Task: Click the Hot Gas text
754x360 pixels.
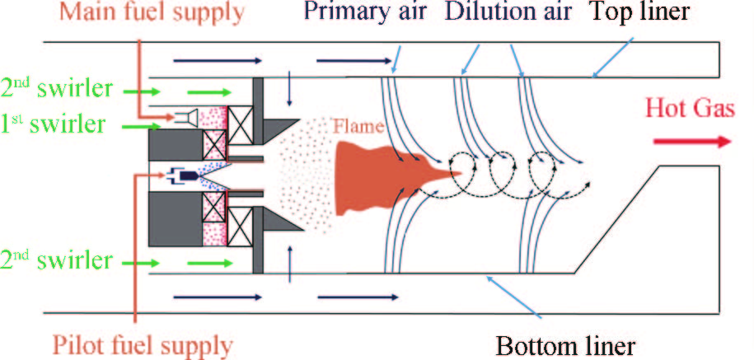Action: click(688, 108)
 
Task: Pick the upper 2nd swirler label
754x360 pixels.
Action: click(56, 89)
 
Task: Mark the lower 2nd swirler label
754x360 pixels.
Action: click(56, 261)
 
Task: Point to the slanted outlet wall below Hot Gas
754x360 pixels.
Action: click(614, 218)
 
